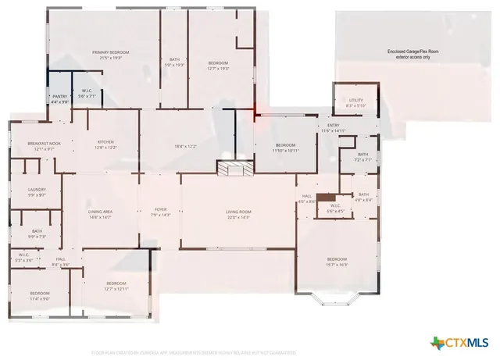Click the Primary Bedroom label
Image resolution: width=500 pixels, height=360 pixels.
[x=109, y=52]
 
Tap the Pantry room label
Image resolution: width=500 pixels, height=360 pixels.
[x=60, y=97]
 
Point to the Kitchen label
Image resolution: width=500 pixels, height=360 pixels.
[x=105, y=141]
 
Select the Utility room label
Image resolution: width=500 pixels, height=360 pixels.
[x=356, y=101]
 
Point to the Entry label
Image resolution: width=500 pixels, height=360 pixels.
[x=334, y=125]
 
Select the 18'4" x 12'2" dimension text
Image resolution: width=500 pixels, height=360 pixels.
[x=185, y=147]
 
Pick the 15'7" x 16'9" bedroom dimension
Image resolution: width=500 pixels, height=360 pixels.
[x=337, y=265]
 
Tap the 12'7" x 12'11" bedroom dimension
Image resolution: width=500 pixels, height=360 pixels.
[x=116, y=289]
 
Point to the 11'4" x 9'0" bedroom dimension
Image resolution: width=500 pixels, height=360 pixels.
[x=40, y=298]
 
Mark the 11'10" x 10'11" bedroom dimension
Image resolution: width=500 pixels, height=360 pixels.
[x=285, y=150]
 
